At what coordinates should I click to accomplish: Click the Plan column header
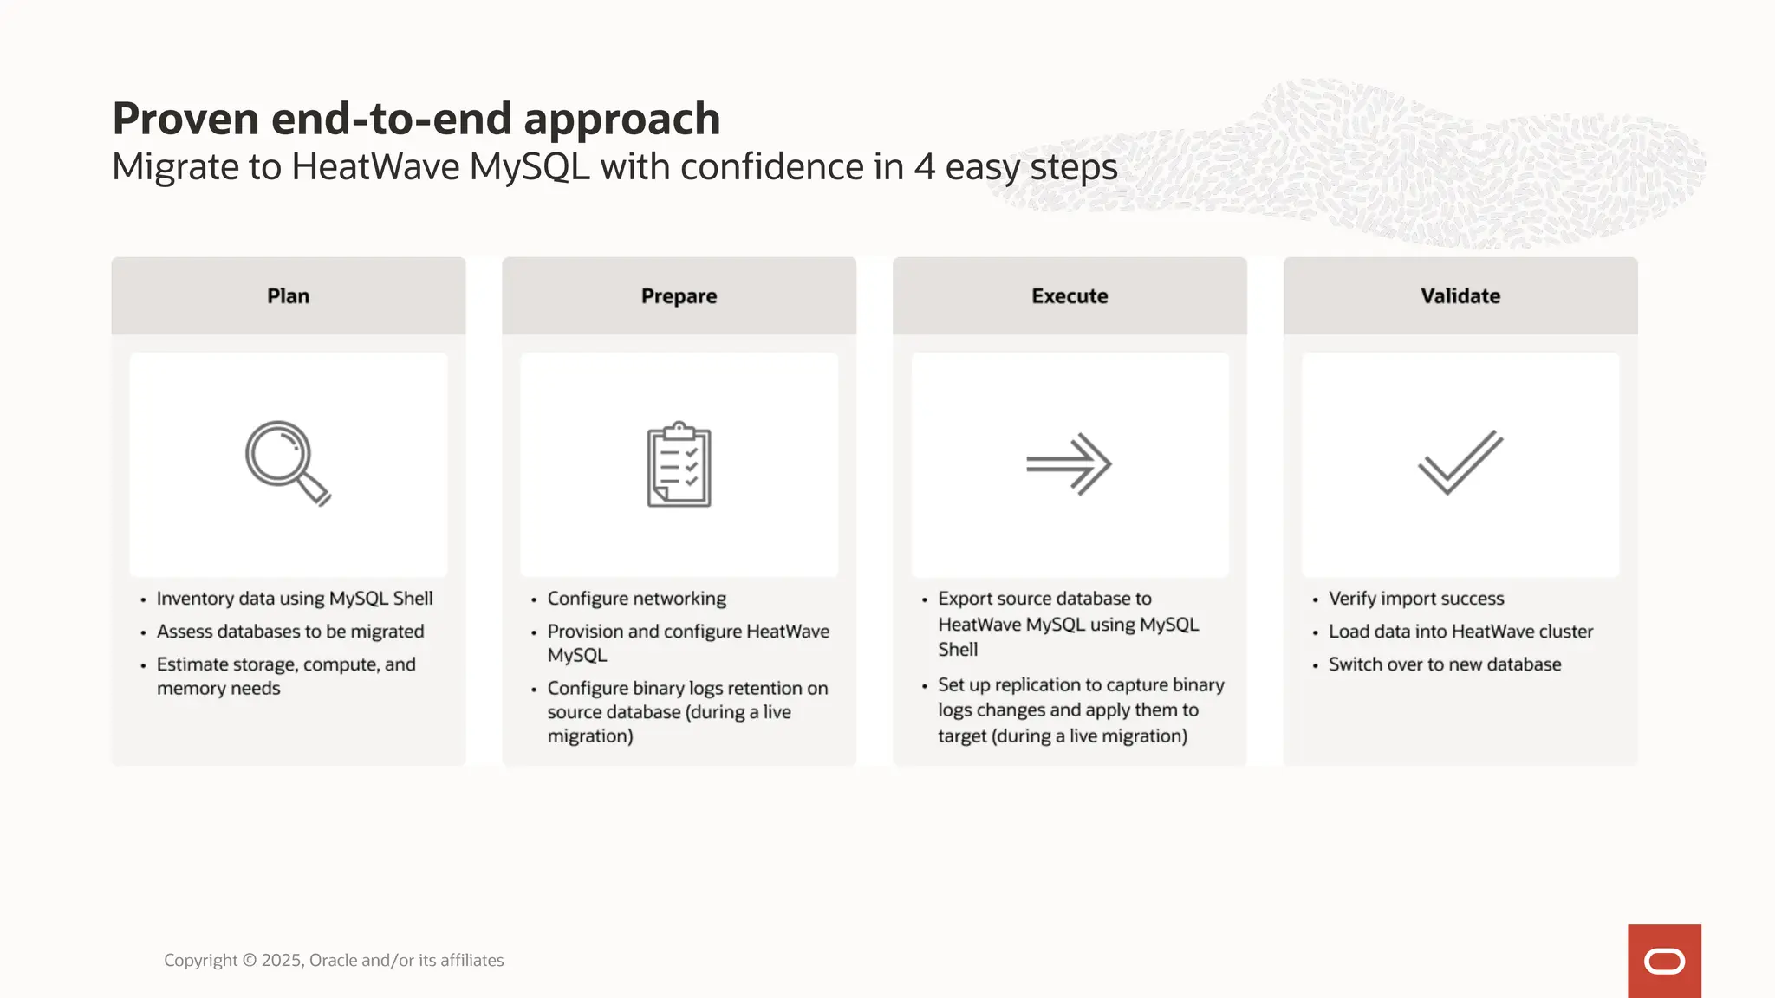(288, 296)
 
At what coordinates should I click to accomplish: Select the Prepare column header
(679, 296)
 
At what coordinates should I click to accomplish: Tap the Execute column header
(1070, 296)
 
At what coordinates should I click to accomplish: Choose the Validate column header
(1460, 296)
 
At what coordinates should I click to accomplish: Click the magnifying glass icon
(287, 463)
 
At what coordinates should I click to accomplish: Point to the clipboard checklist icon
(679, 464)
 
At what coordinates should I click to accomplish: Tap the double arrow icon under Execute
(1069, 464)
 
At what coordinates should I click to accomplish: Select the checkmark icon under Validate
(1460, 463)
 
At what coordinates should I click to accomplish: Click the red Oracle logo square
(1664, 961)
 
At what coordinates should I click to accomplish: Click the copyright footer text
(334, 960)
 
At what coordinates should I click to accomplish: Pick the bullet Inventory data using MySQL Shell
(295, 599)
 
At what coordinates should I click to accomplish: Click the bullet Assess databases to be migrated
(290, 632)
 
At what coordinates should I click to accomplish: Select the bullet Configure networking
(637, 599)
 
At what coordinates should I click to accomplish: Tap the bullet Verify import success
(1416, 599)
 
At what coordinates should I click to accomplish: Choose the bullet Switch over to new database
(1445, 664)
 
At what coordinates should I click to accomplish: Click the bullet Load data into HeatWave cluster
(1460, 632)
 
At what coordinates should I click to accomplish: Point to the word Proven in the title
(185, 119)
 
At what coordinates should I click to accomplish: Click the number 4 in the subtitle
(925, 167)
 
